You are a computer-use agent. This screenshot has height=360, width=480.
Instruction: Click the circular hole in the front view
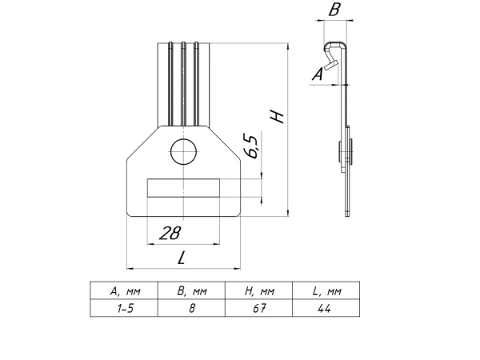tap(183, 151)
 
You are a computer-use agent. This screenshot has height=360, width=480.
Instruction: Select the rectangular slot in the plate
tap(183, 189)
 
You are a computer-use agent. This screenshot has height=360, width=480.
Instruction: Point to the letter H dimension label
tap(278, 117)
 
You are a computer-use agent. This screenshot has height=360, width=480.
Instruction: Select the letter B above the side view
tap(334, 10)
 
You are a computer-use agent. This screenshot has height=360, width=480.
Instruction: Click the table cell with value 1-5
tap(123, 307)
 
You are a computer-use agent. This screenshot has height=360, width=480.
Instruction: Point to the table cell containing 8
tap(191, 307)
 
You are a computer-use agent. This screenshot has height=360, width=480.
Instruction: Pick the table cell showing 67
tap(258, 307)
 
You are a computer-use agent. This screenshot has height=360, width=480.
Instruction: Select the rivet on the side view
tap(345, 150)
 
